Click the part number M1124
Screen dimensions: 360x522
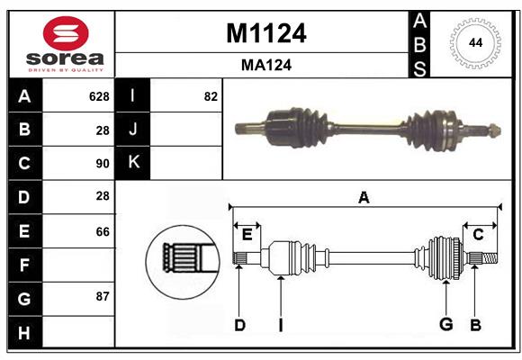[x=265, y=33]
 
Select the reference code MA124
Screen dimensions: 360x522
[x=265, y=65]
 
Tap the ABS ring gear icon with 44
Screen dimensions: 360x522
[x=474, y=43]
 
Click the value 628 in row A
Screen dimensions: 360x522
[x=98, y=96]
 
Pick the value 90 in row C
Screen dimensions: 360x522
[x=102, y=164]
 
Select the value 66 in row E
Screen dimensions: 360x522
[x=102, y=231]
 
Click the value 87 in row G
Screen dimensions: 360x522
[x=102, y=296]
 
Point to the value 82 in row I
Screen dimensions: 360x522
[x=211, y=96]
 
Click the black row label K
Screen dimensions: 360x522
[x=133, y=163]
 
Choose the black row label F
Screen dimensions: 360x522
[x=24, y=265]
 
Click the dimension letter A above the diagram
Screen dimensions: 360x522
[x=364, y=197]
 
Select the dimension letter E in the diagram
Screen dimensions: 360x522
[x=247, y=235]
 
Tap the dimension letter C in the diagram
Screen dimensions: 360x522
[x=478, y=235]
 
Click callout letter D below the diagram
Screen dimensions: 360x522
[x=239, y=325]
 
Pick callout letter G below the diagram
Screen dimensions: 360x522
[x=445, y=325]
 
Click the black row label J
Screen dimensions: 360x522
[x=133, y=130]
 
